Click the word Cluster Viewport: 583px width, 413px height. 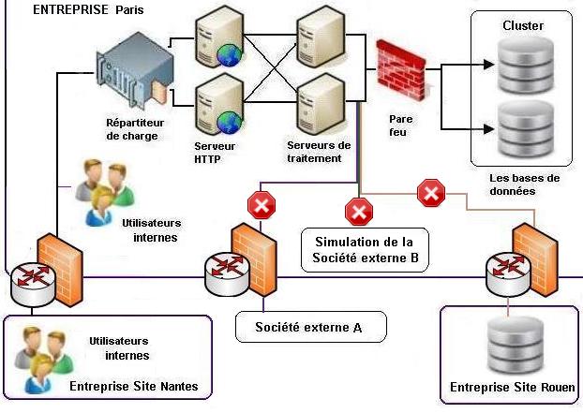[522, 25]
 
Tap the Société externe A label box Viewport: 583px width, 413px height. [309, 327]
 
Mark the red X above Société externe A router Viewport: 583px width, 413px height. [260, 204]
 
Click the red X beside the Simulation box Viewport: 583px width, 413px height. [358, 212]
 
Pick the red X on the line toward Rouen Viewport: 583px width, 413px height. [431, 194]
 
